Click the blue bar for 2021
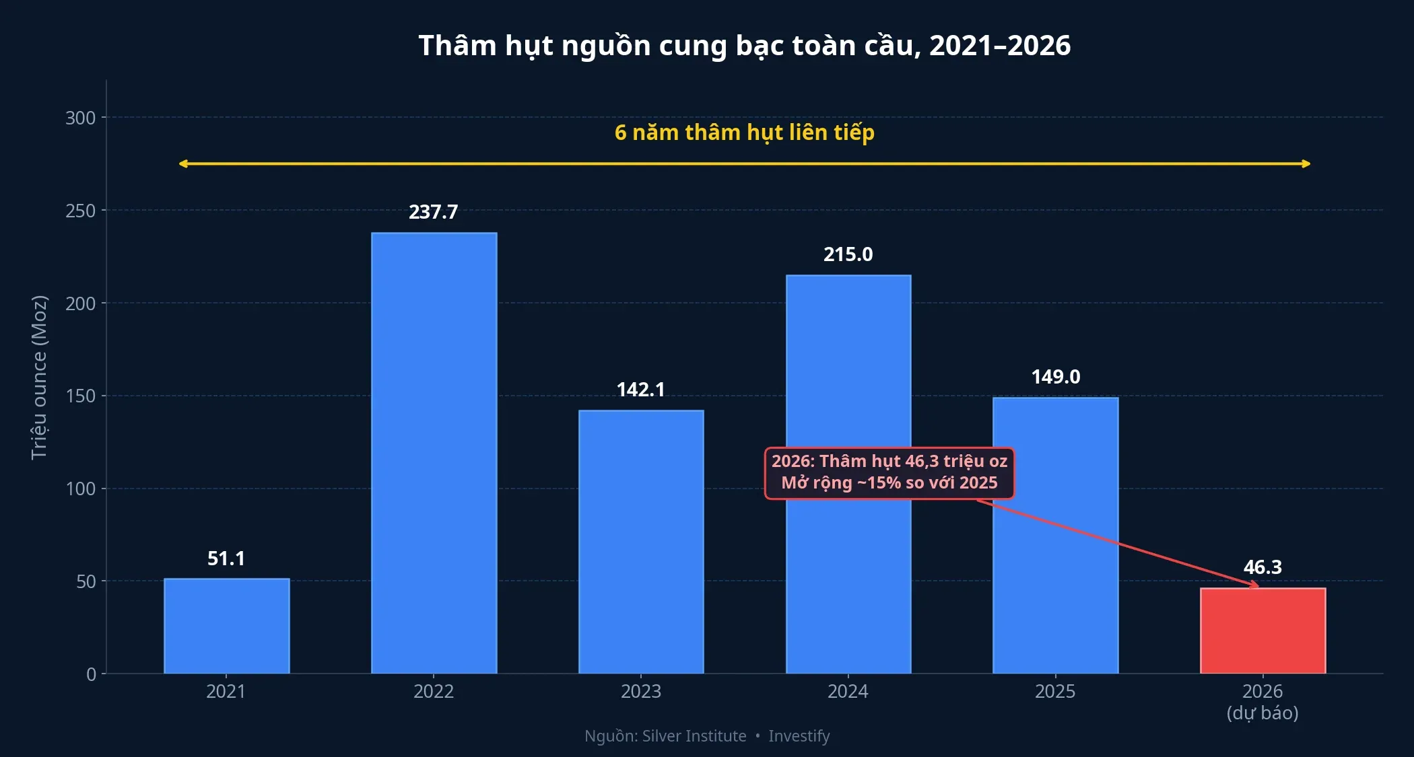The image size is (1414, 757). pyautogui.click(x=226, y=626)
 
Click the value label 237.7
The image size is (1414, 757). pyautogui.click(x=434, y=212)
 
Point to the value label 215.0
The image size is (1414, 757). pyautogui.click(x=848, y=254)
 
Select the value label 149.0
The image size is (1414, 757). pyautogui.click(x=1055, y=377)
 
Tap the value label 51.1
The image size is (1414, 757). pyautogui.click(x=226, y=558)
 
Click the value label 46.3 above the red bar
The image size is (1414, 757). pyautogui.click(x=1262, y=567)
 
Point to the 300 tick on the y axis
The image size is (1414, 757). pyautogui.click(x=81, y=118)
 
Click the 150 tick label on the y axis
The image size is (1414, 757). pyautogui.click(x=81, y=396)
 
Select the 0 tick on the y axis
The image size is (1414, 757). pyautogui.click(x=92, y=674)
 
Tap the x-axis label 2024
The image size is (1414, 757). pyautogui.click(x=848, y=692)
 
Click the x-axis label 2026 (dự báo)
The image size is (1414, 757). pyautogui.click(x=1262, y=702)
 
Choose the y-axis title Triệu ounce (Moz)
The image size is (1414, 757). pyautogui.click(x=40, y=377)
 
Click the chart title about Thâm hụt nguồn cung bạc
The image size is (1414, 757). pyautogui.click(x=744, y=46)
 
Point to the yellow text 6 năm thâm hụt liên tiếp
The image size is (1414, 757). pyautogui.click(x=744, y=133)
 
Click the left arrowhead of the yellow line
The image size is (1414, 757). pyautogui.click(x=182, y=164)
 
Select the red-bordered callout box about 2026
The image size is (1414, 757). pyautogui.click(x=889, y=473)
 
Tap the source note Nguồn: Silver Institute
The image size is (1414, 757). pyautogui.click(x=665, y=736)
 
